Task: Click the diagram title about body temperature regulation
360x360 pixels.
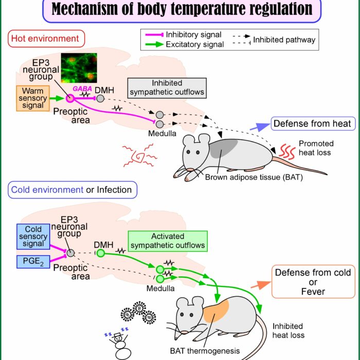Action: [x=182, y=9]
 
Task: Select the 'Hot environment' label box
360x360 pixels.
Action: [x=46, y=39]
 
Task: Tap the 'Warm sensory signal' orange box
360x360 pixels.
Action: [x=33, y=98]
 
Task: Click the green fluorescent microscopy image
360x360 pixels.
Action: [x=79, y=68]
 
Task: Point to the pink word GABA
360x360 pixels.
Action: [x=82, y=88]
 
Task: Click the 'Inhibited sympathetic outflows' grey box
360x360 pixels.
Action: [x=167, y=88]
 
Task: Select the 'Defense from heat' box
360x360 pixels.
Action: [x=313, y=123]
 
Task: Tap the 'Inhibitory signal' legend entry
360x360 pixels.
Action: [x=183, y=34]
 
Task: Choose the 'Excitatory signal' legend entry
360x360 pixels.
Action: [x=185, y=44]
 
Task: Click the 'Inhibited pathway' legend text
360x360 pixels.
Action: [x=284, y=40]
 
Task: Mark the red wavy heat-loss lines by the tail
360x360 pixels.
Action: [x=287, y=152]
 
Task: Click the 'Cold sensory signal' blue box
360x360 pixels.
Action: [x=33, y=237]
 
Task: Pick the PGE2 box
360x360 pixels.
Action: [x=33, y=261]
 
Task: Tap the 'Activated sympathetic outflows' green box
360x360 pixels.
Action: [x=168, y=241]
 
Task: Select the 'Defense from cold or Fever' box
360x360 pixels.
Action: [x=313, y=282]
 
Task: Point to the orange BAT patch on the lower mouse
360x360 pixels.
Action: [x=216, y=311]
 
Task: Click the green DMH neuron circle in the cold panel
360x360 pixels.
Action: [x=101, y=253]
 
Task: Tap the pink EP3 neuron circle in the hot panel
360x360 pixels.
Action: [x=70, y=99]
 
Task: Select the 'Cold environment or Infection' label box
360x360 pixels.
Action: [x=73, y=190]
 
